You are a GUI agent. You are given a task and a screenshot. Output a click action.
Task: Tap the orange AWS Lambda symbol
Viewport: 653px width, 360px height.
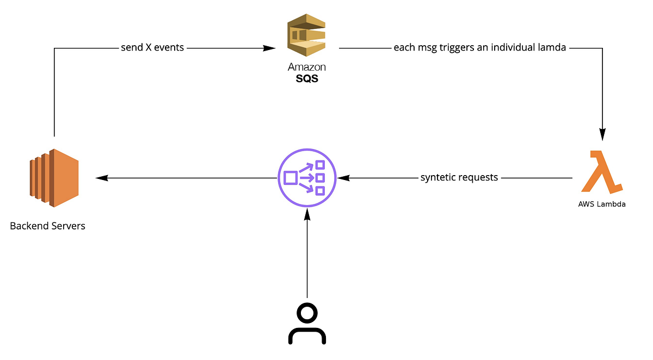tap(601, 172)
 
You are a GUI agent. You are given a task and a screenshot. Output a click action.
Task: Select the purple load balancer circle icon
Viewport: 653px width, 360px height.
tap(306, 178)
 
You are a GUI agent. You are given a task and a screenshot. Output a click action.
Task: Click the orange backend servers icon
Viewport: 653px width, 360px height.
tap(54, 178)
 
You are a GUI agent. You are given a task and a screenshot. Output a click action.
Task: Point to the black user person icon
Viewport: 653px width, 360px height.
tap(306, 324)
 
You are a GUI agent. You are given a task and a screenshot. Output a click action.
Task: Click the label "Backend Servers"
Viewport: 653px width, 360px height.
tap(48, 225)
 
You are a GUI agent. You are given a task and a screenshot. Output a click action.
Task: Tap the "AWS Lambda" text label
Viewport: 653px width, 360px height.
tap(601, 204)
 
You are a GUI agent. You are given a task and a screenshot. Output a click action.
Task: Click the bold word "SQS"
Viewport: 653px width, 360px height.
tap(307, 78)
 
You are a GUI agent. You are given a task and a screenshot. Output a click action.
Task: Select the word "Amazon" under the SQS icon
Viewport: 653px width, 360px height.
tap(307, 67)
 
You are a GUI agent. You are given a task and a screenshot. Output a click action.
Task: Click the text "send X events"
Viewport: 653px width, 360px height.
tap(152, 48)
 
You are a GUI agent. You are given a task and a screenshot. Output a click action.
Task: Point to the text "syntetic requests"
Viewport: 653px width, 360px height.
tap(459, 178)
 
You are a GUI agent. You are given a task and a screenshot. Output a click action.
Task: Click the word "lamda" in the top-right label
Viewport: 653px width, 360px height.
tap(553, 48)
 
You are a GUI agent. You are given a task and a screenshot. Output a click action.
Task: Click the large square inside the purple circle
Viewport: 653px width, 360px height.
tap(291, 178)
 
